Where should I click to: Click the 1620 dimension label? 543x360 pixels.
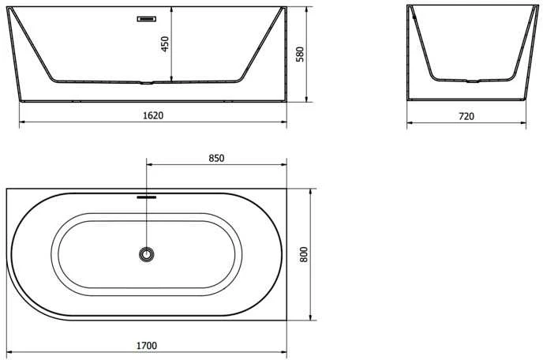(x=153, y=115)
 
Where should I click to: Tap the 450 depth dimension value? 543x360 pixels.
(x=165, y=44)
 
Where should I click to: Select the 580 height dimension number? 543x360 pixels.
(x=300, y=54)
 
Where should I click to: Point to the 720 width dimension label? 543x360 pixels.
(x=466, y=116)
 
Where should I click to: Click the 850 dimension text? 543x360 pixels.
(x=216, y=158)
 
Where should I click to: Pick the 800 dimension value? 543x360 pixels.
(x=304, y=254)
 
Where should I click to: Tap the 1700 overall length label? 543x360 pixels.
(x=147, y=346)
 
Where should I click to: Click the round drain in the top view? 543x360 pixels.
(x=147, y=255)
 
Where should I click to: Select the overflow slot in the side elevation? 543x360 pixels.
(x=147, y=19)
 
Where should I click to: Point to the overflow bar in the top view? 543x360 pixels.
(x=147, y=197)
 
